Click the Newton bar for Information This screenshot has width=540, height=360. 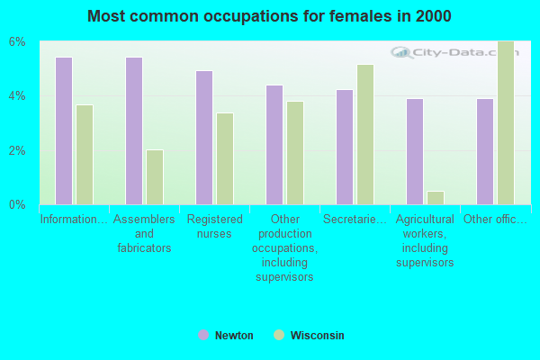pyautogui.click(x=64, y=130)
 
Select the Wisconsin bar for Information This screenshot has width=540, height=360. pyautogui.click(x=85, y=155)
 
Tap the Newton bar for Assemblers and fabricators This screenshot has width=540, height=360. pyautogui.click(x=134, y=130)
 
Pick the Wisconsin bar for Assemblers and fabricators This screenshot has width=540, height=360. pyautogui.click(x=155, y=177)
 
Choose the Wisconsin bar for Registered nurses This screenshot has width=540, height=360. pyautogui.click(x=225, y=158)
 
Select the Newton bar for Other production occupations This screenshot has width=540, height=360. pyautogui.click(x=274, y=145)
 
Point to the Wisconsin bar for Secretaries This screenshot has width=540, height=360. pyautogui.click(x=365, y=134)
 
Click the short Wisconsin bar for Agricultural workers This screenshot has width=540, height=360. pyautogui.click(x=436, y=198)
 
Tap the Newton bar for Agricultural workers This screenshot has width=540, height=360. pyautogui.click(x=415, y=151)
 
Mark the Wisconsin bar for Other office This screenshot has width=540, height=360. pyautogui.click(x=506, y=122)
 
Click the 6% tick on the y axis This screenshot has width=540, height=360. pyautogui.click(x=18, y=42)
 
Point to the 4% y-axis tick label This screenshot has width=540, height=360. pyautogui.click(x=18, y=96)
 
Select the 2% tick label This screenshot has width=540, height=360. pyautogui.click(x=18, y=150)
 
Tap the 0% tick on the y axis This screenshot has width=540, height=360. pyautogui.click(x=18, y=204)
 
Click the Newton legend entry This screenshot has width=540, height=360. pyautogui.click(x=226, y=336)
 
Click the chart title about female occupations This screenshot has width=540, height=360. pyautogui.click(x=270, y=16)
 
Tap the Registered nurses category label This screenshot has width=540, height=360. pyautogui.click(x=215, y=227)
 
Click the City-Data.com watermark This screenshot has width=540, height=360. pyautogui.click(x=450, y=52)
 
